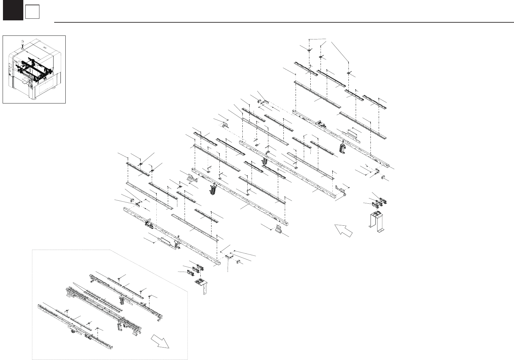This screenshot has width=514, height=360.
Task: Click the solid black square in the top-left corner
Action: pyautogui.click(x=13, y=11)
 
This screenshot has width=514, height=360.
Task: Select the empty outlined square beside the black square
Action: pyautogui.click(x=32, y=12)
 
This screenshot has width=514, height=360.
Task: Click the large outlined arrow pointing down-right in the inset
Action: pyautogui.click(x=160, y=342)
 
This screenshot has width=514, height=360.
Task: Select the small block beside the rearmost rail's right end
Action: pyautogui.click(x=382, y=177)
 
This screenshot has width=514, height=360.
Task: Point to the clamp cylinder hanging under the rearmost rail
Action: pyautogui.click(x=343, y=147)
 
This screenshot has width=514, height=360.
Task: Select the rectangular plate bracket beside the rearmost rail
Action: pyautogui.click(x=351, y=134)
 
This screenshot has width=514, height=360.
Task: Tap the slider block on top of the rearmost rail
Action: pyautogui.click(x=322, y=124)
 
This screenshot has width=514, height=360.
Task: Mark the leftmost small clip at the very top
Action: pyautogui.click(x=309, y=50)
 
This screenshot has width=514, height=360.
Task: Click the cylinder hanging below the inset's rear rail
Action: pyautogui.click(x=122, y=300)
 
